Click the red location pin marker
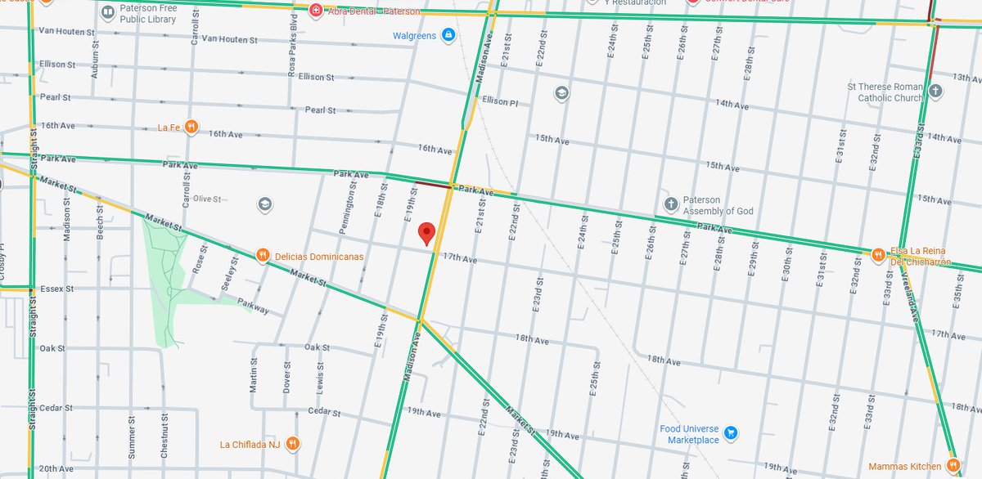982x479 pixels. (x=426, y=233)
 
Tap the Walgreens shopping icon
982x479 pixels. (x=448, y=35)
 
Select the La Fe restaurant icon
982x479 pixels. (x=191, y=127)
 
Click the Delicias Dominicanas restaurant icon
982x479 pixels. (x=263, y=256)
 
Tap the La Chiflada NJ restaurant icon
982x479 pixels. (x=293, y=445)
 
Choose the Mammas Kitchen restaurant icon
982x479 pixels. (x=953, y=464)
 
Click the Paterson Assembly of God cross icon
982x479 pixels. (x=670, y=204)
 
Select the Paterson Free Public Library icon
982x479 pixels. (x=108, y=12)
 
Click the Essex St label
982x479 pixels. (x=56, y=289)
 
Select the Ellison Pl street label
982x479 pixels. (x=500, y=101)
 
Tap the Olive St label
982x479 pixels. (x=207, y=199)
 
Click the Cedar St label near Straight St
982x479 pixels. (x=56, y=408)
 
